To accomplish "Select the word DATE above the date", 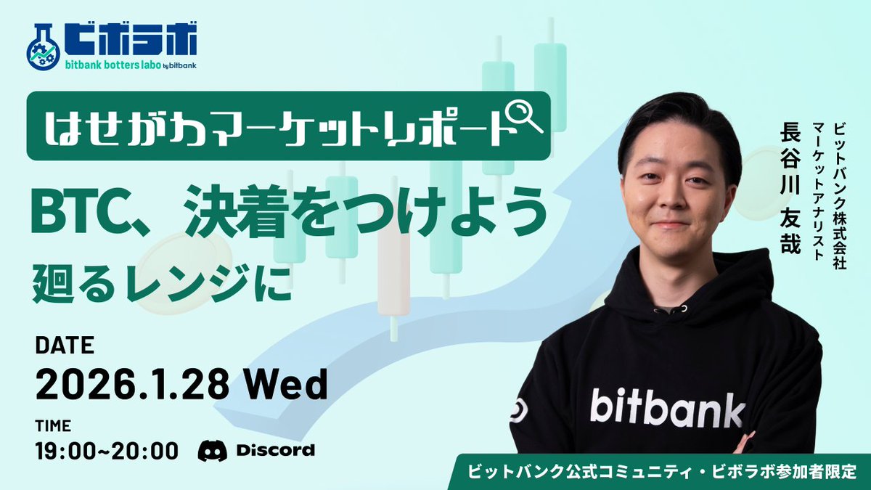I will tap(65, 346).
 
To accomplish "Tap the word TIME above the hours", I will tap(52, 425).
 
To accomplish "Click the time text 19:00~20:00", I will tap(107, 450).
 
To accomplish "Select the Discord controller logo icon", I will tap(212, 450).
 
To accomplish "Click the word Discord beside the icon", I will tap(275, 450).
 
